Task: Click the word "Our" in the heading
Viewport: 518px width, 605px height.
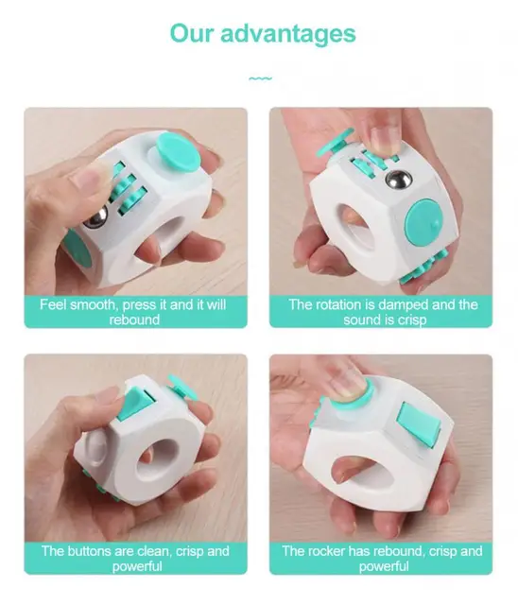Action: [193, 34]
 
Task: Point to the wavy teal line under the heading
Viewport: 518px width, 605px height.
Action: [260, 78]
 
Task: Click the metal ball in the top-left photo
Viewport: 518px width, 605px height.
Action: [96, 220]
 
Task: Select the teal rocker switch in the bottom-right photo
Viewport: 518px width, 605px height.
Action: [418, 423]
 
